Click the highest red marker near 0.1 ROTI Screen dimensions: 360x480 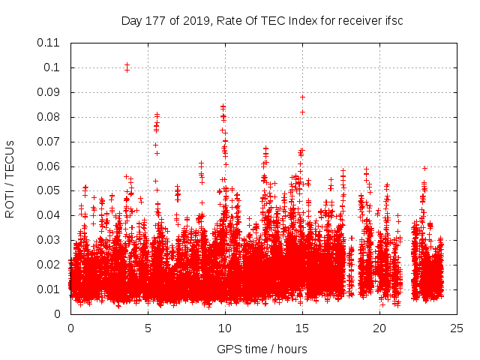tap(127, 65)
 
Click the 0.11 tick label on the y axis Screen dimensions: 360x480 tap(49, 43)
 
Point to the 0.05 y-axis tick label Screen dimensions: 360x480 tap(49, 190)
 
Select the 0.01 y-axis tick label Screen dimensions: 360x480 tap(49, 289)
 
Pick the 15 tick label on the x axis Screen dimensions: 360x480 tap(301, 328)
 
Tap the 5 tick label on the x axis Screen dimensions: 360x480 tap(148, 328)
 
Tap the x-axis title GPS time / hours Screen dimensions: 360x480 tap(262, 349)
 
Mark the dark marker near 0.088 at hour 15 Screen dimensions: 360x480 tap(302, 97)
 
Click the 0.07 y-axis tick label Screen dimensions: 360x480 tap(49, 141)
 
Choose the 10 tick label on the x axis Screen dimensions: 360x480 tap(224, 328)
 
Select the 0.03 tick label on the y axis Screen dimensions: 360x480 tap(49, 240)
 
